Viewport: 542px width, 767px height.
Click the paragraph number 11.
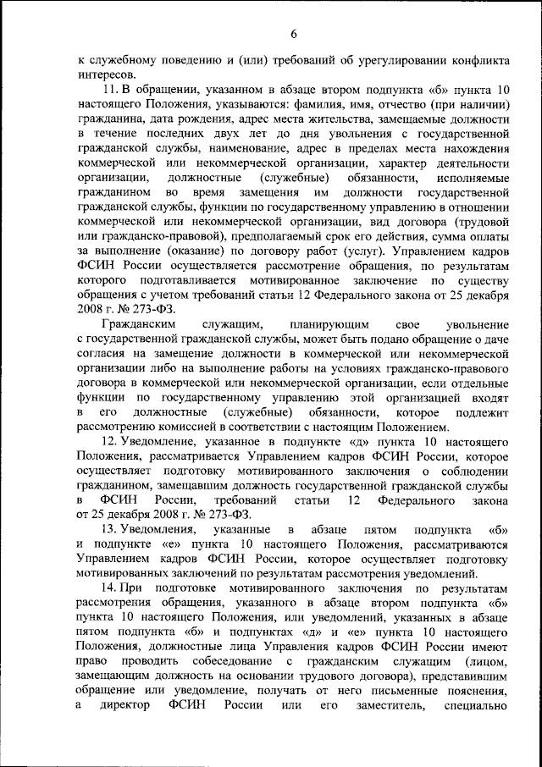coord(108,90)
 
